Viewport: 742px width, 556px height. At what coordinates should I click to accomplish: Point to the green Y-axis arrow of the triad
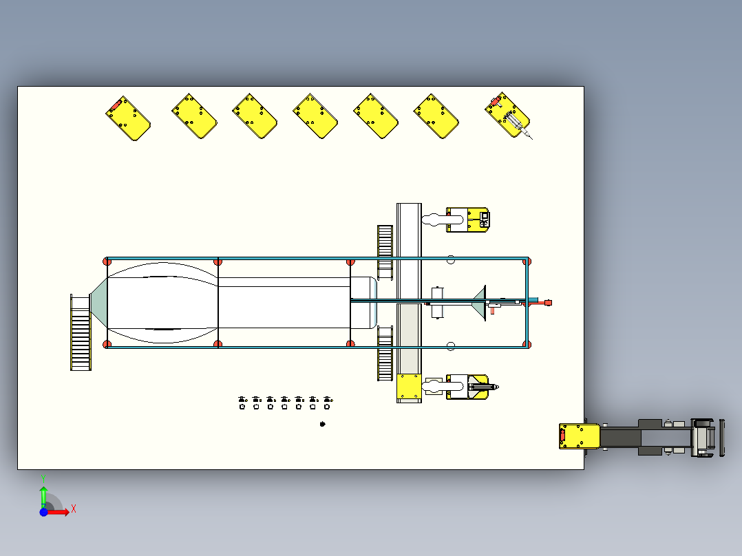pyautogui.click(x=43, y=493)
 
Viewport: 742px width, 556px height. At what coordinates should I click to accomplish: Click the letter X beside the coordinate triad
pyautogui.click(x=74, y=509)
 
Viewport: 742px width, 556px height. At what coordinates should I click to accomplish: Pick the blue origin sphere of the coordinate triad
pyautogui.click(x=44, y=512)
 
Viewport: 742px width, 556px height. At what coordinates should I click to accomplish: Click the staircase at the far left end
pyautogui.click(x=81, y=332)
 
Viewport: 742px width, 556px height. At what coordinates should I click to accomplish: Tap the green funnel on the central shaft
pyautogui.click(x=480, y=302)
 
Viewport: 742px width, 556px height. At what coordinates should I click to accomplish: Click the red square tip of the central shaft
pyautogui.click(x=548, y=302)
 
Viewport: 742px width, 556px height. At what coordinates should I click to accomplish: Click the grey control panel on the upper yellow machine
pyautogui.click(x=484, y=219)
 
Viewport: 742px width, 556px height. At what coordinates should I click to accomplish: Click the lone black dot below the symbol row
pyautogui.click(x=323, y=424)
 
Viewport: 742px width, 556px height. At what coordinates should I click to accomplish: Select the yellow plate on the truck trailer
pyautogui.click(x=580, y=436)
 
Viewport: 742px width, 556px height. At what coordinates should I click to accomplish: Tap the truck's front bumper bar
pyautogui.click(x=722, y=436)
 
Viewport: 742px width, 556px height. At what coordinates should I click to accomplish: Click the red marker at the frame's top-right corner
pyautogui.click(x=527, y=261)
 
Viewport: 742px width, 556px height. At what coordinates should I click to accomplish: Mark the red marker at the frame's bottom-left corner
pyautogui.click(x=107, y=344)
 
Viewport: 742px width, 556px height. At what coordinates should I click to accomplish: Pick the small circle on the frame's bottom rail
pyautogui.click(x=451, y=345)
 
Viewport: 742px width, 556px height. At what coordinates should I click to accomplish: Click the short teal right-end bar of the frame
pyautogui.click(x=527, y=303)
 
